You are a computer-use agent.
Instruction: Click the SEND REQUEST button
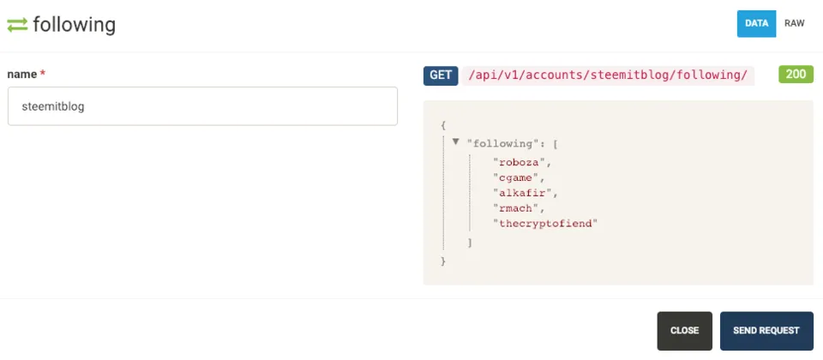pos(766,331)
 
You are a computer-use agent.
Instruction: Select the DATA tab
pos(756,24)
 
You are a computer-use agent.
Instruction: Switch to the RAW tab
pos(794,24)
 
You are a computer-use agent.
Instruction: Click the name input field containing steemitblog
pos(202,106)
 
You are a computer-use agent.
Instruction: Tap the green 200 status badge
pos(796,75)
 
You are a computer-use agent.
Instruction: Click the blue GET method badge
pos(441,75)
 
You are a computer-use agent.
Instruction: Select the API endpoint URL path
pos(610,75)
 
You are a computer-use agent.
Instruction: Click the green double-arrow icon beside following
pos(17,25)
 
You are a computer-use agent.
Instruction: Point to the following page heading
pos(74,25)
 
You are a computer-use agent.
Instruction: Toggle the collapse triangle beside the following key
pos(455,141)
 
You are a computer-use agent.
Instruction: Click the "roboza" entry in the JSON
pos(520,162)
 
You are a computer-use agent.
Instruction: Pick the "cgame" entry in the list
pos(516,177)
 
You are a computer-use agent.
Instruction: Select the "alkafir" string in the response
pos(522,193)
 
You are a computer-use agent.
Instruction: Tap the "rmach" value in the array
pos(516,207)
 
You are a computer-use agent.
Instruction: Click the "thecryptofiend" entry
pos(545,224)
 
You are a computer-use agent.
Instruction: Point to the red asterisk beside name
pos(43,74)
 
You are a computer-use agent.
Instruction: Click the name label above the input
pos(22,75)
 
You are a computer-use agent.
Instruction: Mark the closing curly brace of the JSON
pos(443,261)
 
